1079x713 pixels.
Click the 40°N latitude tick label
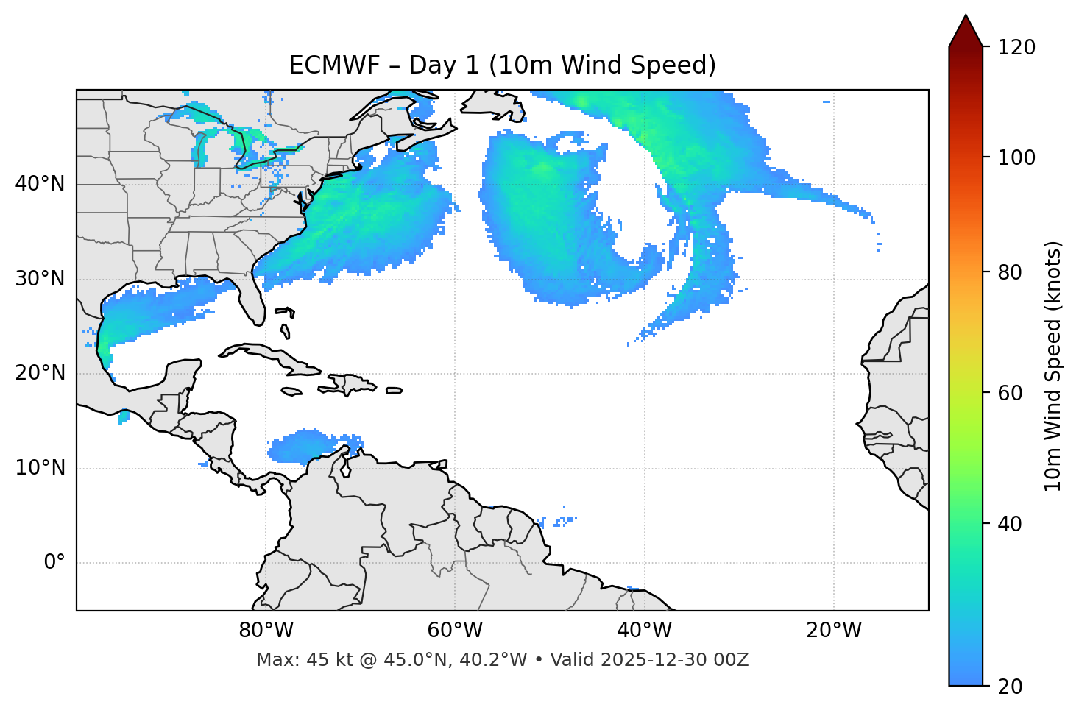(40, 184)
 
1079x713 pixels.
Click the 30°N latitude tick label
(40, 279)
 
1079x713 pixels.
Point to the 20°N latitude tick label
(40, 373)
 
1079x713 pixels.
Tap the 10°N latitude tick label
(40, 468)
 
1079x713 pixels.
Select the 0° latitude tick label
(54, 563)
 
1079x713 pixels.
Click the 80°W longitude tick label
(266, 631)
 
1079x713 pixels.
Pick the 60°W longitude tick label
(455, 631)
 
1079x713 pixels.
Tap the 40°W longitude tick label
(644, 631)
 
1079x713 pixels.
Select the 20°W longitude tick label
(834, 631)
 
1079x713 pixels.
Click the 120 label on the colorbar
(1017, 48)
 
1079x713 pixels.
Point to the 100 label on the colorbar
(1017, 157)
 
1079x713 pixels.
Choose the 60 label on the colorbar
(1011, 393)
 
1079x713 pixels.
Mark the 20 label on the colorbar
(1011, 687)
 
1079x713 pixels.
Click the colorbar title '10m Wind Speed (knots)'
(1053, 366)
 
